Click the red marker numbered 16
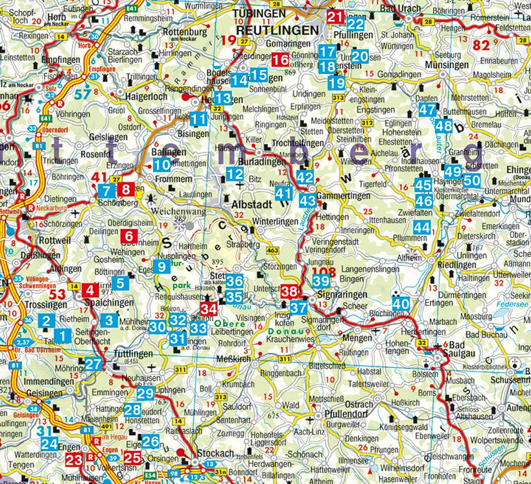(280, 60)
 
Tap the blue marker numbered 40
(401, 303)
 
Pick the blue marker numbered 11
(199, 119)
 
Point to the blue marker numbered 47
(427, 110)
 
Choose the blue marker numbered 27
(93, 364)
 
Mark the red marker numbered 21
(335, 18)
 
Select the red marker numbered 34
(208, 309)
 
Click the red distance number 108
(322, 271)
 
